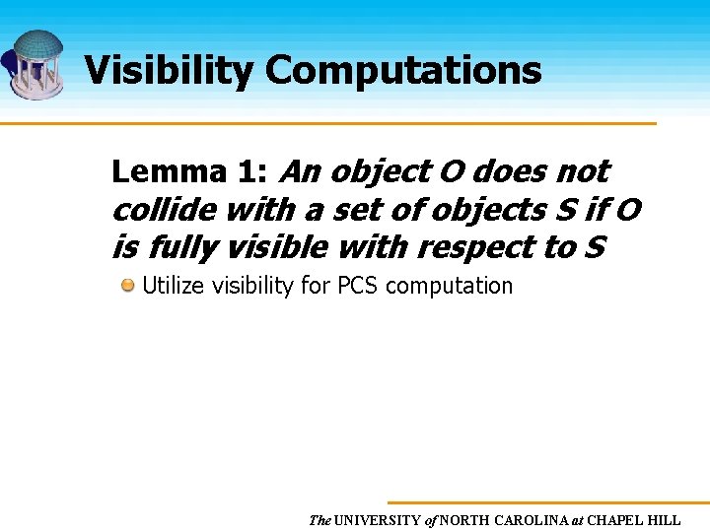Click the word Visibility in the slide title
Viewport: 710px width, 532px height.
169,71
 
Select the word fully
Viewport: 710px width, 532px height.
177,247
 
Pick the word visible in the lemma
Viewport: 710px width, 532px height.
280,247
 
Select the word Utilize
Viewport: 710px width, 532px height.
174,287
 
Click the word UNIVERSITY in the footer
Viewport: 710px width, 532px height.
378,520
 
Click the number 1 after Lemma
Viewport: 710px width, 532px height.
248,172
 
